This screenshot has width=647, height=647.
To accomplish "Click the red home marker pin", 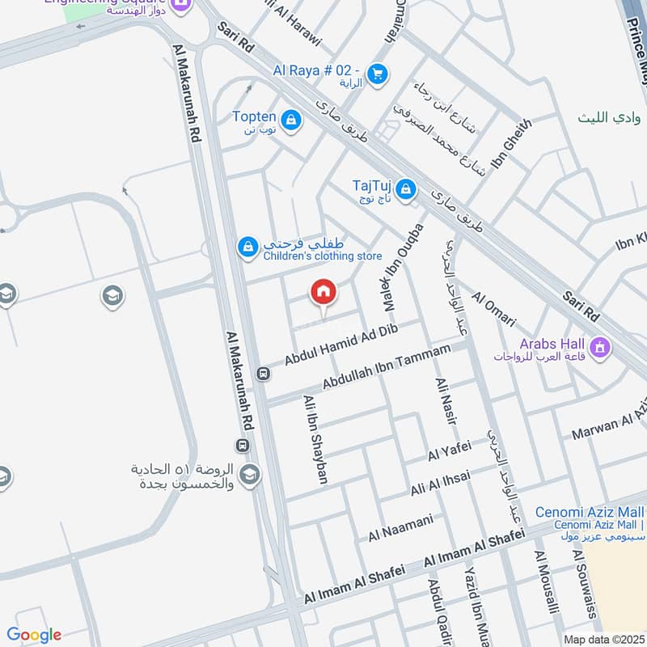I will pyautogui.click(x=323, y=292).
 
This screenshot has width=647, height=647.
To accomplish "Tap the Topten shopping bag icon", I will pyautogui.click(x=291, y=121).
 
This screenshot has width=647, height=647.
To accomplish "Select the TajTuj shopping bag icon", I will pyautogui.click(x=406, y=190).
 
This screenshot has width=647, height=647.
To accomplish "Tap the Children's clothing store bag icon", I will pyautogui.click(x=247, y=245).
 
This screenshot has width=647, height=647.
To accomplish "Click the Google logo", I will pyautogui.click(x=35, y=635).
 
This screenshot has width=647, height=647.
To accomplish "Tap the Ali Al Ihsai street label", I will pyautogui.click(x=440, y=484).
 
